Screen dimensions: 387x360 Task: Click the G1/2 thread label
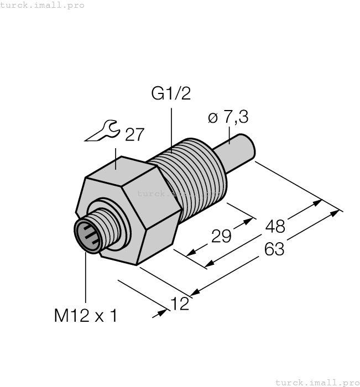tap(171, 94)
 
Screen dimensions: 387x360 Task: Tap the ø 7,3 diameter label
tap(228, 117)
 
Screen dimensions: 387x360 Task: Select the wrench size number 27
tap(134, 135)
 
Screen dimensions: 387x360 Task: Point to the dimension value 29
tap(222, 237)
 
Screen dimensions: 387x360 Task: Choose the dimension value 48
tap(275, 226)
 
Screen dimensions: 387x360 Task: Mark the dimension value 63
tap(274, 249)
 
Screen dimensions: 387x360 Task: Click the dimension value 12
tap(181, 304)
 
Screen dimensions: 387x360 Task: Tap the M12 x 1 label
tap(86, 316)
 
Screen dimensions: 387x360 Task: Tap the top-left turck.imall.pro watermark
tap(43, 5)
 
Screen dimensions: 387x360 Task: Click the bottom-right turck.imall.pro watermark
tap(317, 382)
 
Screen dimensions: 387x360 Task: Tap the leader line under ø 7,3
tap(228, 134)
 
